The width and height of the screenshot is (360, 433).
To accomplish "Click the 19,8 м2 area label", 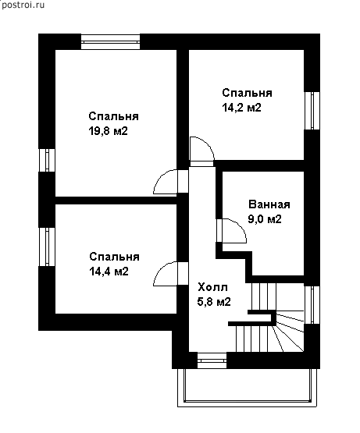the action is point(108,131).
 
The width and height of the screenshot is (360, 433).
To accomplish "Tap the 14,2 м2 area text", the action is point(241,108).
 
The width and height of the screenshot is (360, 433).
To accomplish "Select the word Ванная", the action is point(269,204).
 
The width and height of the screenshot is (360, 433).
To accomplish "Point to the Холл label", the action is point(213,287).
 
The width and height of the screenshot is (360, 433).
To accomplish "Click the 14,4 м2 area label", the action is point(109,272).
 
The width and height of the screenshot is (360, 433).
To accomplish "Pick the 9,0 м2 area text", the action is point(265,219).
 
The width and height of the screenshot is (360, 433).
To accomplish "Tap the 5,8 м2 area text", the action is point(214,302).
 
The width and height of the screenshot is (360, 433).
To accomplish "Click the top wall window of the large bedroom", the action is point(111,42).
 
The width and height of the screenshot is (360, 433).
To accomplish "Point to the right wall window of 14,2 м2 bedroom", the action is point(312,111).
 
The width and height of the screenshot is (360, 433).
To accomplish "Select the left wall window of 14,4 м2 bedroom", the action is point(47,247).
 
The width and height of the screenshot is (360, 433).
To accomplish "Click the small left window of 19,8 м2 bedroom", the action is point(47,160).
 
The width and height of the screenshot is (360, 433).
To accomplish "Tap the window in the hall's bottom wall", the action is point(212,360).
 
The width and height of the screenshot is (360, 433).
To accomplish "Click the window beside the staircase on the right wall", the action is point(312,305).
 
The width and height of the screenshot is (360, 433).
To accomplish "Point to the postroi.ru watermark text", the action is point(23,5).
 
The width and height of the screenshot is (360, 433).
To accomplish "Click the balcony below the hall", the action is point(248,388).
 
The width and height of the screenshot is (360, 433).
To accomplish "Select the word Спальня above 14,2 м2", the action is point(248,93).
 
